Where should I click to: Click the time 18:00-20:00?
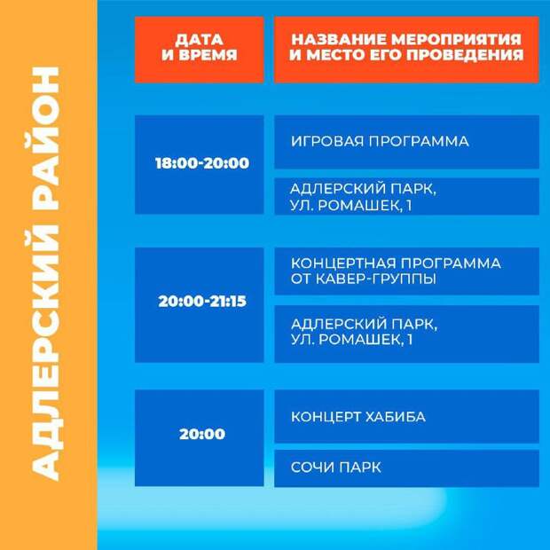pyautogui.click(x=202, y=163)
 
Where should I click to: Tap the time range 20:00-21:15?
pyautogui.click(x=202, y=302)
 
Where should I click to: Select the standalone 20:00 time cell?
pyautogui.click(x=202, y=435)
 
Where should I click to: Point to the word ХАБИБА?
pyautogui.click(x=396, y=417)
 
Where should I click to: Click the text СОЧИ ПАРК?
pyautogui.click(x=335, y=467)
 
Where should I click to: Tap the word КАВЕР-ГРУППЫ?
pyautogui.click(x=376, y=279)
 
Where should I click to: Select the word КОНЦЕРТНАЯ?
pyautogui.click(x=343, y=263)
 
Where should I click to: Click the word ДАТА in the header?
pyautogui.click(x=200, y=40)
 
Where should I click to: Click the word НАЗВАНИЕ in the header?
pyautogui.click(x=339, y=39)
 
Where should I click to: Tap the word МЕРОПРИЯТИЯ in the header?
pyautogui.click(x=456, y=39)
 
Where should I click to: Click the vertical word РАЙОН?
pyautogui.click(x=46, y=139)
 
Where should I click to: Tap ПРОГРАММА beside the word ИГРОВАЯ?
pyautogui.click(x=419, y=141)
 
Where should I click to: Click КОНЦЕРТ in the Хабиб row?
pyautogui.click(x=326, y=417)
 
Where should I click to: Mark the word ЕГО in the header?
pyautogui.click(x=386, y=55)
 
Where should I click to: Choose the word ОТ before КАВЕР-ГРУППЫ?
pyautogui.click(x=301, y=279)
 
